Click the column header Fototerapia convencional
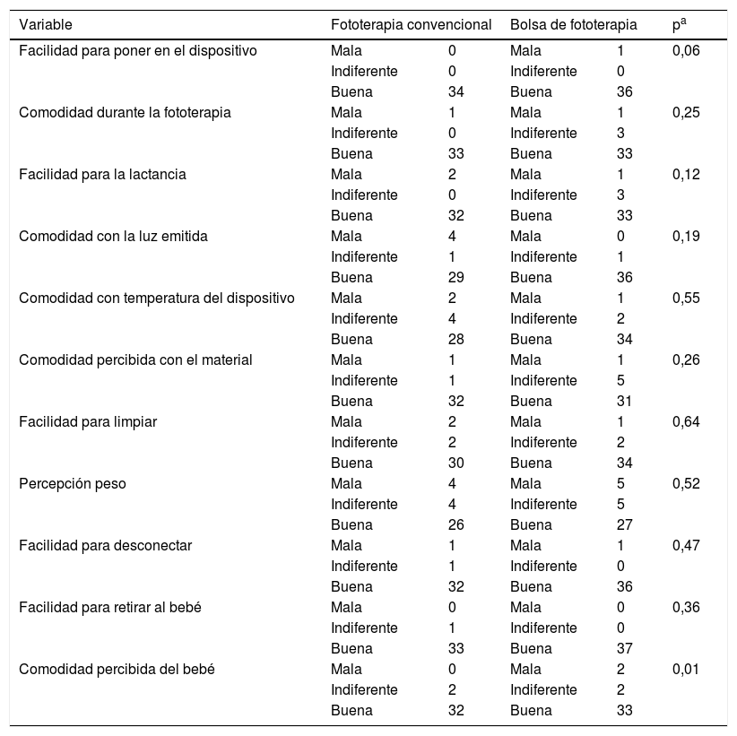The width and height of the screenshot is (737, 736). (x=411, y=25)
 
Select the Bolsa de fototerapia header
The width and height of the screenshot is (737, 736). (x=573, y=25)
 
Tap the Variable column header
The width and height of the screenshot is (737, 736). (x=46, y=25)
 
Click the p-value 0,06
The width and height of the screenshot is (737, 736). (x=685, y=50)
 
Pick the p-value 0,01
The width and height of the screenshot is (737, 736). (x=685, y=670)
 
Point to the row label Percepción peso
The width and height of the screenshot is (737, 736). (x=72, y=483)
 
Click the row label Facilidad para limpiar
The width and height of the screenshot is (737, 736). (x=88, y=421)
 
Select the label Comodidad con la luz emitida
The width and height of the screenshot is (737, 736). (x=107, y=236)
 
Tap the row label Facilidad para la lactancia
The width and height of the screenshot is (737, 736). (x=102, y=174)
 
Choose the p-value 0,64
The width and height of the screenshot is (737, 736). (x=685, y=421)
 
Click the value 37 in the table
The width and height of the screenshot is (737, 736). (x=625, y=648)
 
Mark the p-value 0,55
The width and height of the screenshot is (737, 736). (x=685, y=298)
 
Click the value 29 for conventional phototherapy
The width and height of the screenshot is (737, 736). (x=455, y=277)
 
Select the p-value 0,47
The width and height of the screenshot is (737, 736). (x=685, y=545)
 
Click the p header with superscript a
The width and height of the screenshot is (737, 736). (x=679, y=25)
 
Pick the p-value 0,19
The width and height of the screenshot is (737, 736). (x=685, y=236)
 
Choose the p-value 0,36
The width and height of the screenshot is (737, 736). (x=685, y=607)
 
